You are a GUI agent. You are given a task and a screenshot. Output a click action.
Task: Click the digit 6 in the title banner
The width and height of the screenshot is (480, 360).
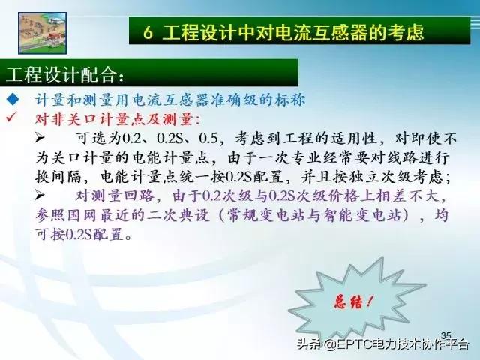click(x=148, y=33)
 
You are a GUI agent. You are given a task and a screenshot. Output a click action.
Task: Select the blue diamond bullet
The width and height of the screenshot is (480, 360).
click(x=11, y=101)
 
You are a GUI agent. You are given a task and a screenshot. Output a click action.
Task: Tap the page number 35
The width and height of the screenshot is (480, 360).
click(x=446, y=334)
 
